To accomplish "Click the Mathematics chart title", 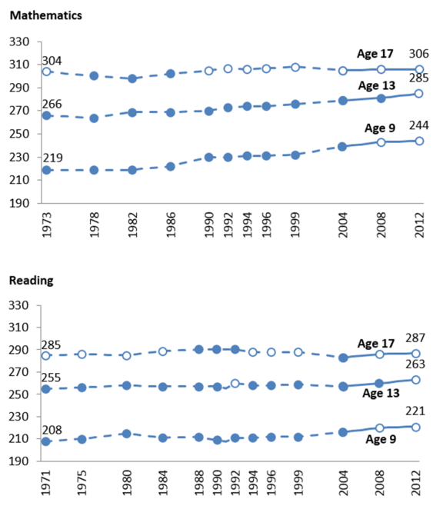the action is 46,15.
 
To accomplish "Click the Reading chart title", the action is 32,280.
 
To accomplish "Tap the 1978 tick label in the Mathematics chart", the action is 94,225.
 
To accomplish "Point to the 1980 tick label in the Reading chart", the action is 127,483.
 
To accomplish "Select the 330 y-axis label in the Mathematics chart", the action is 19,42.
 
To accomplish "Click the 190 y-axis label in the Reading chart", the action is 18,461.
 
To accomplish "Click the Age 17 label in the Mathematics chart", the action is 375,54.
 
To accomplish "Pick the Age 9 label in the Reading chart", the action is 381,439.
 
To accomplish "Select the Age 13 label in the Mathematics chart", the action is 377,85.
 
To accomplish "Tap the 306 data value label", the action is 418,54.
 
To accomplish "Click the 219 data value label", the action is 52,158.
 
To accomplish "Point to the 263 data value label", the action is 415,364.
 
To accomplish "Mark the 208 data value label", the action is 52,430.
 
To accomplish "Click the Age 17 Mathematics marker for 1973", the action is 46,72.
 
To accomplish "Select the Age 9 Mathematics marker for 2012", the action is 419,141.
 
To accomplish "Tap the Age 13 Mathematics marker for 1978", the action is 94,118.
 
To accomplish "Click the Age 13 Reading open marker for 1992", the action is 235,384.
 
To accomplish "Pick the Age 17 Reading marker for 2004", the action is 343,358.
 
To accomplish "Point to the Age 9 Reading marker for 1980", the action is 127,434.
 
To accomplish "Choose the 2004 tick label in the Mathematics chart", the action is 343,225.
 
